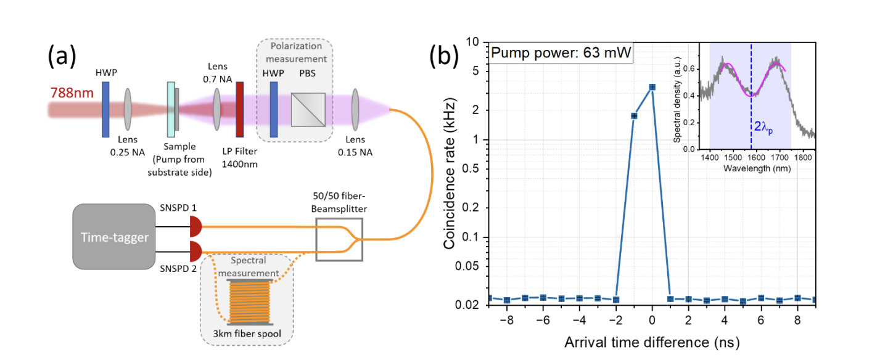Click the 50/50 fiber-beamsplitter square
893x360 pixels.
point(339,238)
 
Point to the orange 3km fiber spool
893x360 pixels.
point(250,303)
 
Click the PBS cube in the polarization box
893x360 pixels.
point(311,105)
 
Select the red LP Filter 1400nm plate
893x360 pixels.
point(239,108)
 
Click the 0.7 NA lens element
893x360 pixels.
point(217,108)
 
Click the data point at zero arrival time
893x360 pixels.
point(652,87)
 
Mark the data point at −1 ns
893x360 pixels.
point(634,116)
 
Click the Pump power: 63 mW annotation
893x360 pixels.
point(561,53)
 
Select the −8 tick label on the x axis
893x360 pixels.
point(506,321)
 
